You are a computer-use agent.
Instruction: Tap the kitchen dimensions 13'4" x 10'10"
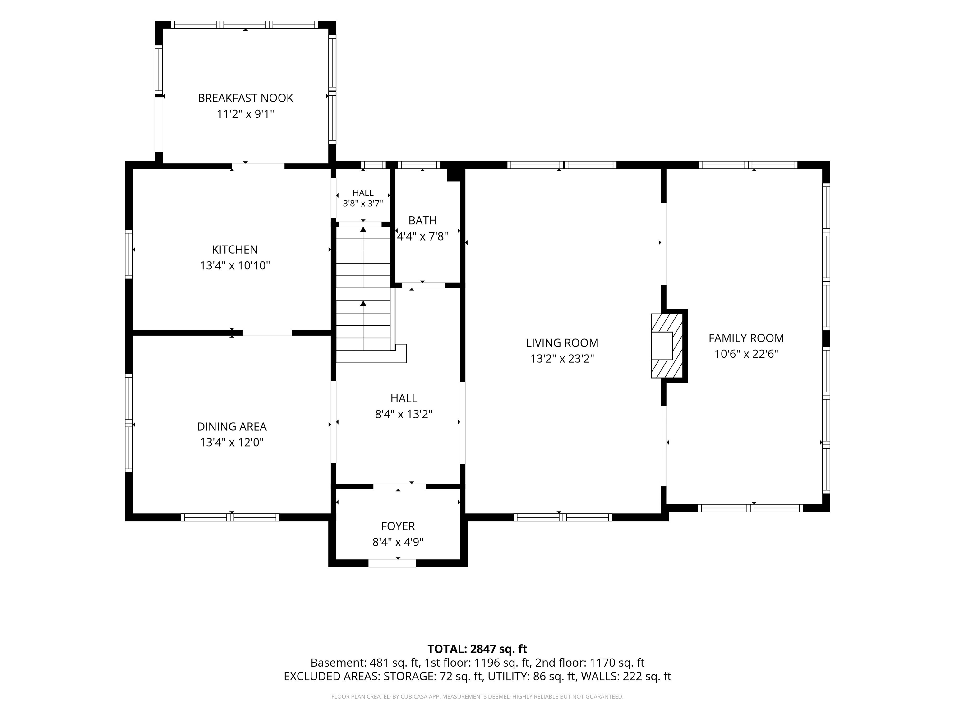(x=235, y=265)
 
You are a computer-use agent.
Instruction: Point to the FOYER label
(x=398, y=526)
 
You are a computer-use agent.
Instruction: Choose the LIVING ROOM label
(x=562, y=343)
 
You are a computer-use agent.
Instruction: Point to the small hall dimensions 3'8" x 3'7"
(x=363, y=204)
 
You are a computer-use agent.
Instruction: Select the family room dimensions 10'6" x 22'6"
(x=746, y=354)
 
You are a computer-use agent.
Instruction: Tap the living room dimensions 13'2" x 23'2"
(x=562, y=359)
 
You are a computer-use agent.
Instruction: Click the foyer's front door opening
(x=392, y=563)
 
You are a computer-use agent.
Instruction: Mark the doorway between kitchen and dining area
(x=267, y=333)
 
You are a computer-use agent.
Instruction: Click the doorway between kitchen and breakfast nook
(x=258, y=166)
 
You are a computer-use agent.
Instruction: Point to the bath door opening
(x=423, y=285)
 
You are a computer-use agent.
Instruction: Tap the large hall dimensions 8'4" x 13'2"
(x=404, y=414)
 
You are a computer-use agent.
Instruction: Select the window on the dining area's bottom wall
(x=230, y=517)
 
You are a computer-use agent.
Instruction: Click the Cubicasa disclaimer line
(x=477, y=697)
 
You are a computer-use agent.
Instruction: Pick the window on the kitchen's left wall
(x=129, y=254)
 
